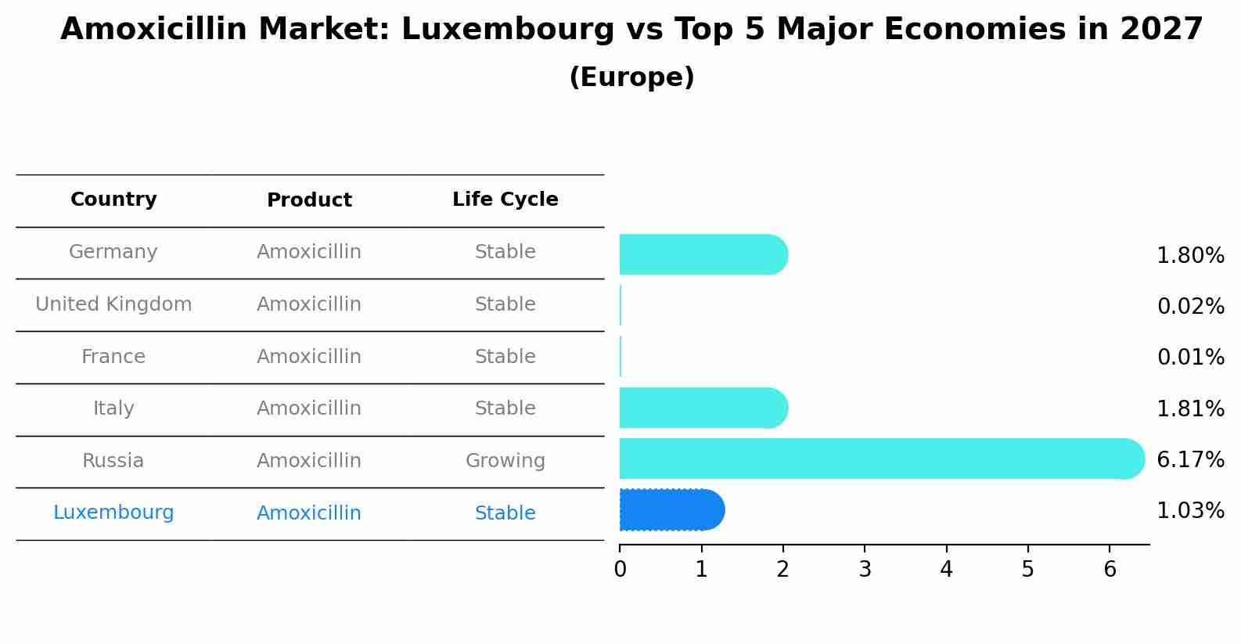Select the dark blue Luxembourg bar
click(671, 510)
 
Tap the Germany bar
click(703, 254)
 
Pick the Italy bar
click(703, 408)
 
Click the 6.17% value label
click(1190, 459)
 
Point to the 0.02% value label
click(1190, 306)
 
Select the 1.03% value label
click(1190, 511)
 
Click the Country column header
click(113, 200)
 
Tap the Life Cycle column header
click(505, 200)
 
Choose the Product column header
click(309, 200)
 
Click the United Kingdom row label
click(113, 304)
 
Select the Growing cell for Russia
click(505, 461)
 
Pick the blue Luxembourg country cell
click(113, 513)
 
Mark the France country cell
click(113, 357)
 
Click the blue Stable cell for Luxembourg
click(505, 513)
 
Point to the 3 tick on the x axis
click(865, 570)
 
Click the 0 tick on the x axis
click(620, 570)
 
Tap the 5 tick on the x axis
click(1028, 570)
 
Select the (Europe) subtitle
click(631, 77)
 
